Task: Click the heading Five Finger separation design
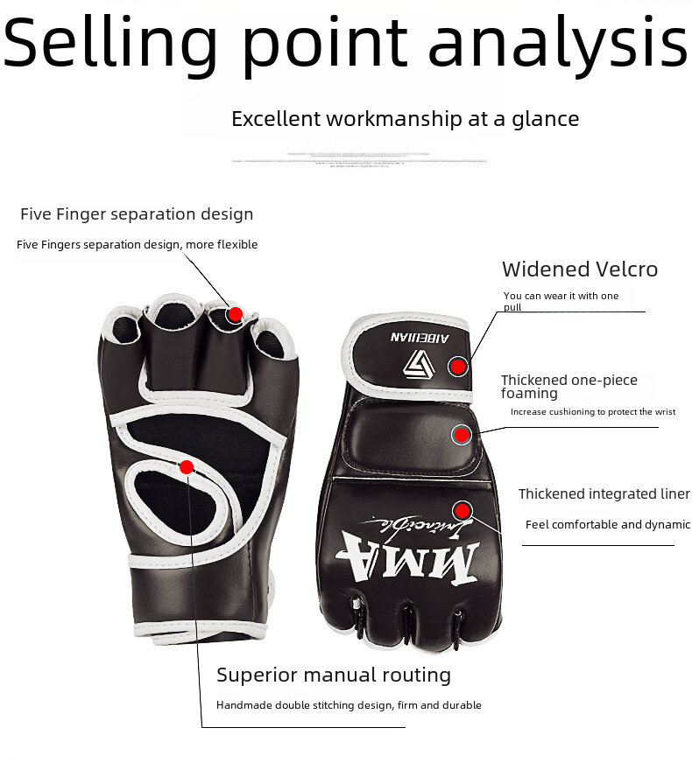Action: [137, 214]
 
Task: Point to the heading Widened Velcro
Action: [579, 269]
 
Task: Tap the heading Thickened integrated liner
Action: [604, 494]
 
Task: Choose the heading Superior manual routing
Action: [334, 675]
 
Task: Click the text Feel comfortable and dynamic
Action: [607, 525]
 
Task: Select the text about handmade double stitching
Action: [349, 705]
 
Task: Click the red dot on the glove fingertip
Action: [235, 314]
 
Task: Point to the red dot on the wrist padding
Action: [462, 434]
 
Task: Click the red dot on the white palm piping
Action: [186, 467]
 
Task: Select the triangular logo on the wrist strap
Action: [415, 363]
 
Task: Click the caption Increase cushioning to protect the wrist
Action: [592, 412]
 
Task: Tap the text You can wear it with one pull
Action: [561, 301]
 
